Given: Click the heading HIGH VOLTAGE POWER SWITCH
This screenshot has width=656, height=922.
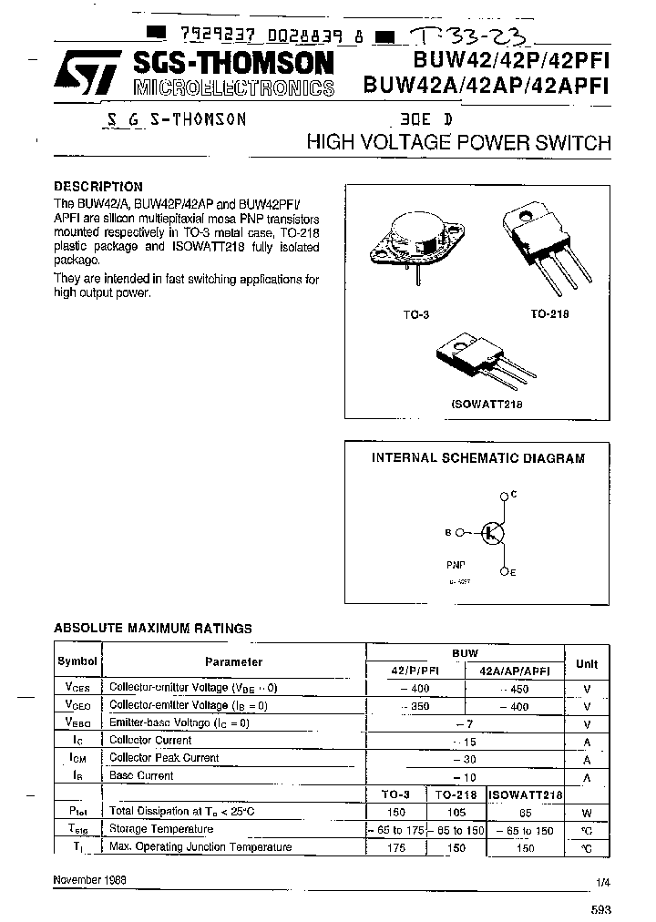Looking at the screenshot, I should coord(458,143).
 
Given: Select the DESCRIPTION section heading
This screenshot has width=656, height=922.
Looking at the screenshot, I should coord(98,187).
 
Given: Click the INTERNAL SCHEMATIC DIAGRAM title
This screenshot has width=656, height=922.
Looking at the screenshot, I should coord(477,459).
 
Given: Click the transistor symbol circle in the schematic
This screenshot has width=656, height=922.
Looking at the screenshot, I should coord(493,534).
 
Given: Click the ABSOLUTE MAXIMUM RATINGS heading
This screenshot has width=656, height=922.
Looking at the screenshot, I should coord(153,628).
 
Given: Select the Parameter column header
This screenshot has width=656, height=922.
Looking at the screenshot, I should coord(233,662).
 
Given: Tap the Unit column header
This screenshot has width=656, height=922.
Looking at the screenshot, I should coord(587,662).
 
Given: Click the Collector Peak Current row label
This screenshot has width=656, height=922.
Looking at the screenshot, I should coord(164,758).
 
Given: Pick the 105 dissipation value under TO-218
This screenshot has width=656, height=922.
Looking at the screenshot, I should coord(453,811).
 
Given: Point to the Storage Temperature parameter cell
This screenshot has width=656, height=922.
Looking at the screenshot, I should coord(161,829).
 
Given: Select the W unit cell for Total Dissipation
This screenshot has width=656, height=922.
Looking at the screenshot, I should coord(587,811).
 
